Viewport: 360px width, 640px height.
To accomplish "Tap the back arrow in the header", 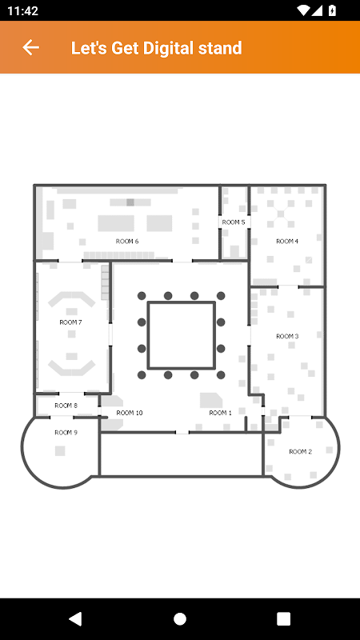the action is pos(30,47).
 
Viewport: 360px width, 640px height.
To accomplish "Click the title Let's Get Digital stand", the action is pos(156,48).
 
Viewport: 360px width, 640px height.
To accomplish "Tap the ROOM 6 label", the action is pos(127,242).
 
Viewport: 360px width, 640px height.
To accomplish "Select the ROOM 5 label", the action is pos(234,222).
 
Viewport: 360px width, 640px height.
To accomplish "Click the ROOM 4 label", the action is pos(287,242).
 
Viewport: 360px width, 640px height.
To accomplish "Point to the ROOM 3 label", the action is pos(287,336).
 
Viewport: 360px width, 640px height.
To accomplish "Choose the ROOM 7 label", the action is pos(70,322).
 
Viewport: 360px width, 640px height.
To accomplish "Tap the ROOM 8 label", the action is pos(66,406).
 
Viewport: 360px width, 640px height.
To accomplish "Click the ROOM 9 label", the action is pos(66,433).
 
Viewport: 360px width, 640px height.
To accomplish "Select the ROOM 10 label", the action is pos(130,413).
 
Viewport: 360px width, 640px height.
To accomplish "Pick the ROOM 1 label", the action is pos(221,413).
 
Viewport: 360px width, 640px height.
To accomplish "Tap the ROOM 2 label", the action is pos(301,451).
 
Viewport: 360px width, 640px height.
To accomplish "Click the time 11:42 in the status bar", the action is pos(23,10).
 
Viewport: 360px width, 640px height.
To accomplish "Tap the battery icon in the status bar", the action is pos(332,10).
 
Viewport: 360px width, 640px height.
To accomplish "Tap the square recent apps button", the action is pos(283,618).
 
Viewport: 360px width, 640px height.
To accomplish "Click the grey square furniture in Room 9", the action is pos(60,451).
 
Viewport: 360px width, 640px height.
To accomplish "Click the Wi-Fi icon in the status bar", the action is pos(303,10).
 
